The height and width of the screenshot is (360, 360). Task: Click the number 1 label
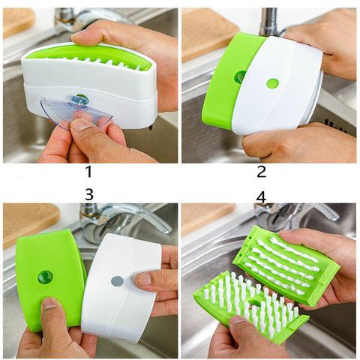pyautogui.click(x=89, y=172)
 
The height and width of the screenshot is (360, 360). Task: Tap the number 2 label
pyautogui.click(x=262, y=171)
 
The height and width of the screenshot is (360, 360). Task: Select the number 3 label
pyautogui.click(x=89, y=193)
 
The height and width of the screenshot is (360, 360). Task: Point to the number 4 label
pyautogui.click(x=261, y=196)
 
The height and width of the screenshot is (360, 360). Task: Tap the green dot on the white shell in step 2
pyautogui.click(x=272, y=83)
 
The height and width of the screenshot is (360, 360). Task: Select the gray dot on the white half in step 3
pyautogui.click(x=117, y=281)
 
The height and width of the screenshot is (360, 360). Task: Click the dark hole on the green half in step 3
pyautogui.click(x=46, y=277)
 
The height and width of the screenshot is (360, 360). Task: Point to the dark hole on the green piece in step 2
pyautogui.click(x=239, y=76)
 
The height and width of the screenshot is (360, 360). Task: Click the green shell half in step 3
pyautogui.click(x=49, y=277)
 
